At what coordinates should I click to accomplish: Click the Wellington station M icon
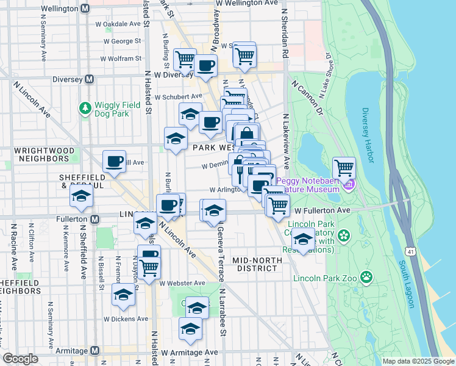click(85, 9)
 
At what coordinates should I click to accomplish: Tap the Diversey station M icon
click(89, 79)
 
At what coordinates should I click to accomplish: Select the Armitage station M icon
click(94, 350)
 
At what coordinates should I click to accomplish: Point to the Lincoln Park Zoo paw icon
click(366, 278)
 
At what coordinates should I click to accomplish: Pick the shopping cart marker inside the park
click(344, 167)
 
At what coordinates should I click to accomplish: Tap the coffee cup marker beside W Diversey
click(205, 65)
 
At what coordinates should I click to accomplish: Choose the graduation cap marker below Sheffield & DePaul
click(80, 196)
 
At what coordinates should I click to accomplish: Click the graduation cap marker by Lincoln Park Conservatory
click(303, 238)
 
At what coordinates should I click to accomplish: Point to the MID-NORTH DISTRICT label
click(257, 264)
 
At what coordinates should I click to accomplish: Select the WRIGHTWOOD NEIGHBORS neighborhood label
click(45, 154)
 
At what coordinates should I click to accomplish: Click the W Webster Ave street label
click(182, 283)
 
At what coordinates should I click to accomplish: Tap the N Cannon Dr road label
click(307, 96)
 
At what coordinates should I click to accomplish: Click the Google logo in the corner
click(20, 359)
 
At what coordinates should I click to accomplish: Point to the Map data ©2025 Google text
click(418, 361)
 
